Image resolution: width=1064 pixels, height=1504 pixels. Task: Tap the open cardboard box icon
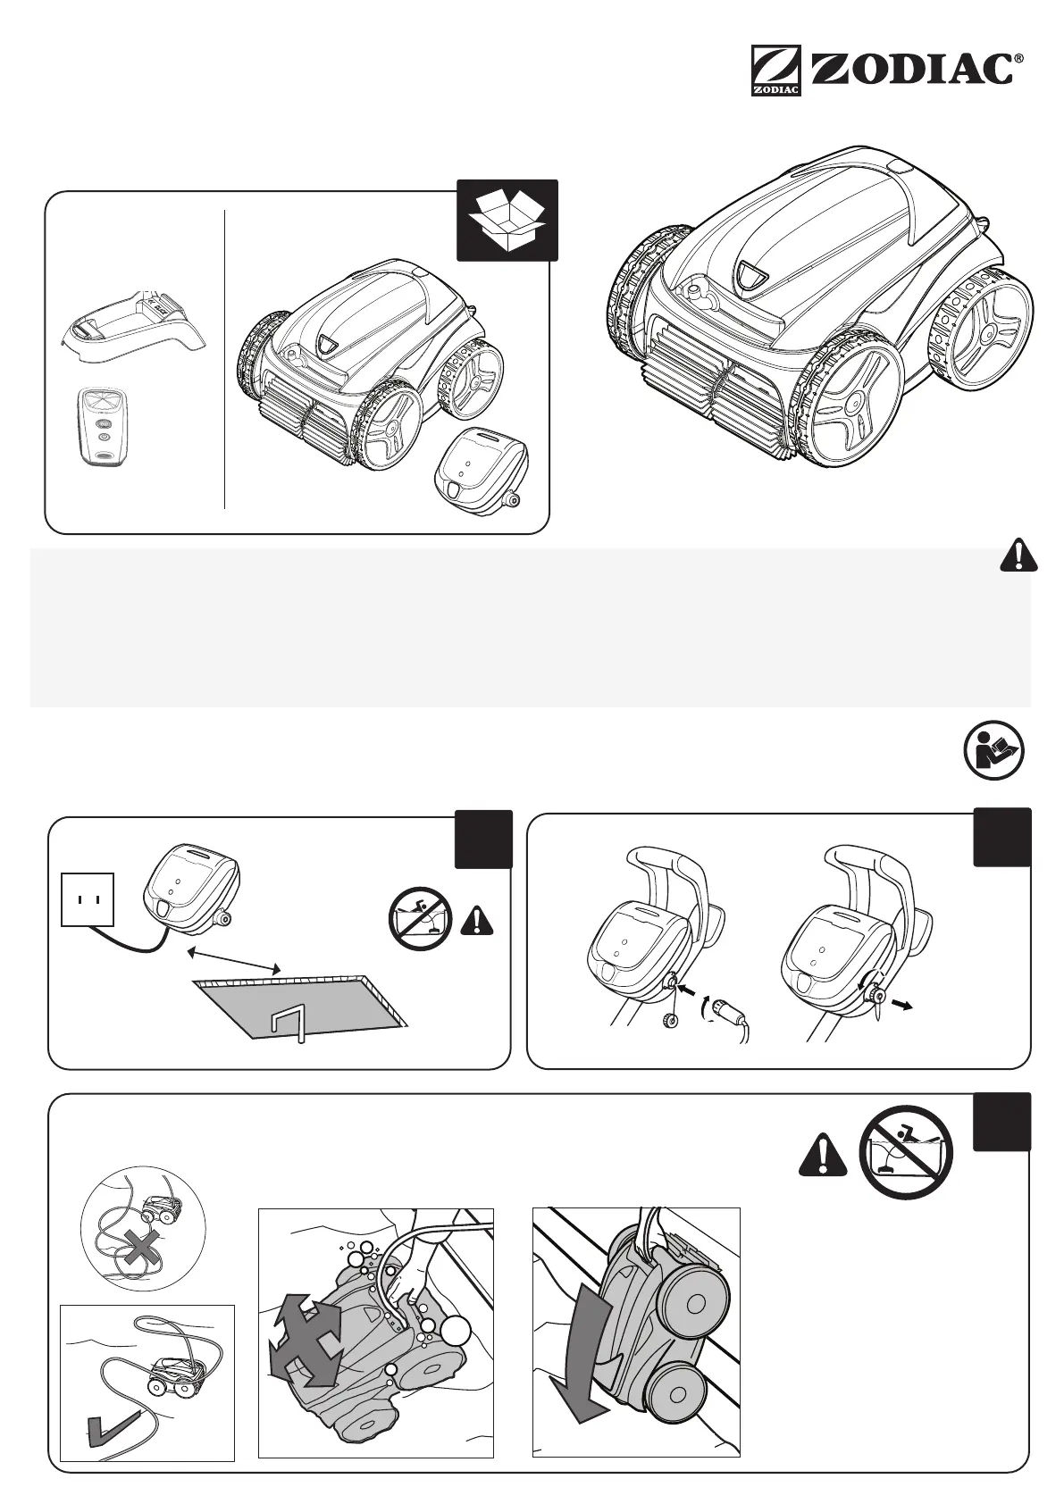click(507, 220)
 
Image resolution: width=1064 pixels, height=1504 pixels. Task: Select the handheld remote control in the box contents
click(101, 426)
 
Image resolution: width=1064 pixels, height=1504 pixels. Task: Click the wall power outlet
click(88, 898)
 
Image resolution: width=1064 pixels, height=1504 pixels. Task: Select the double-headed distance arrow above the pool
click(235, 962)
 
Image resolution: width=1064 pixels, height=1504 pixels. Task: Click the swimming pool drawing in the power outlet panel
click(300, 1007)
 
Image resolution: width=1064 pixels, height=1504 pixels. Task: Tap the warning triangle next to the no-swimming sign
click(822, 1159)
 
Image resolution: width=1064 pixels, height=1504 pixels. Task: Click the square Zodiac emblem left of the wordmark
click(775, 71)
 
